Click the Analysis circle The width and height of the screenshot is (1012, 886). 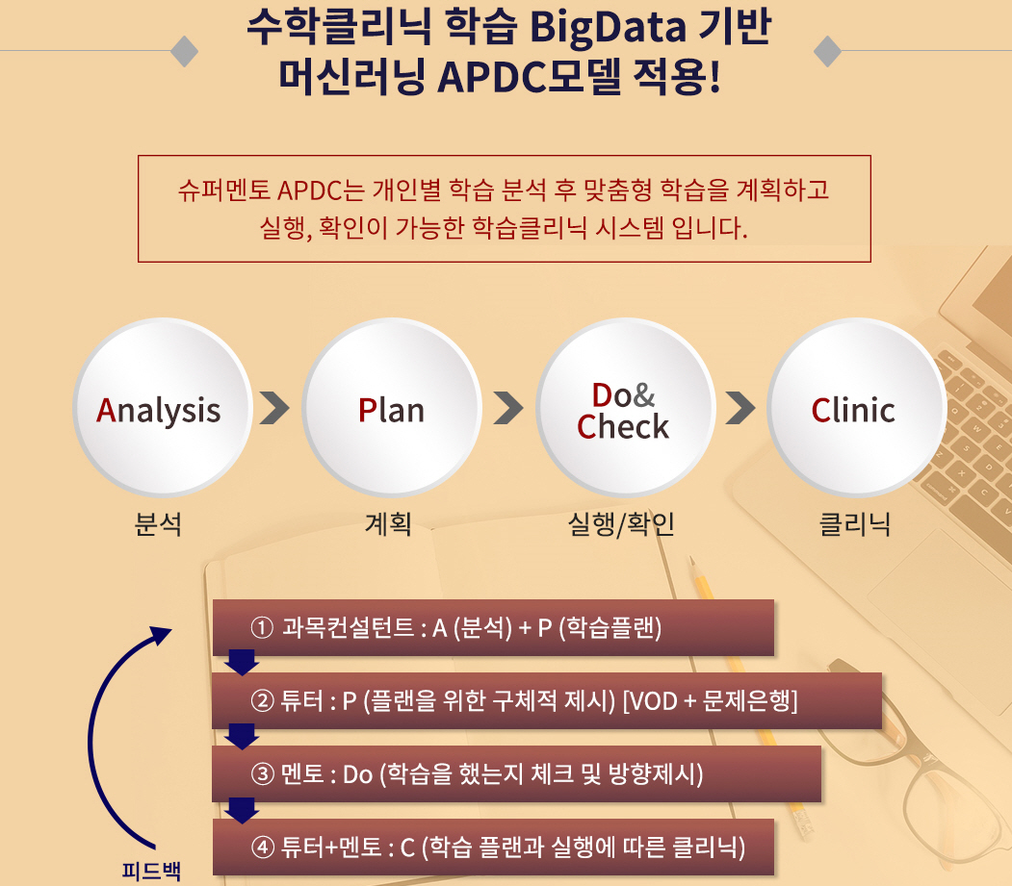point(162,407)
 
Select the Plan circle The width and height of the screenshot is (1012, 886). point(392,407)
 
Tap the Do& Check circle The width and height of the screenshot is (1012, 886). point(625,407)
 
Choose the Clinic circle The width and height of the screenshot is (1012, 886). point(856,407)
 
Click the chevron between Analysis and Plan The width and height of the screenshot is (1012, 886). point(275,408)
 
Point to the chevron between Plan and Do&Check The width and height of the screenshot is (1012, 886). point(508,408)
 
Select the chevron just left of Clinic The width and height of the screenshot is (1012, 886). point(740,408)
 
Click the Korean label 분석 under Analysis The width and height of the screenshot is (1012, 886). point(158,523)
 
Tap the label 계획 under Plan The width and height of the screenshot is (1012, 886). point(389,523)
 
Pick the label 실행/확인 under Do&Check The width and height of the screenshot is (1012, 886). point(621,523)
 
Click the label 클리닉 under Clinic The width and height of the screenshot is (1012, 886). point(855,523)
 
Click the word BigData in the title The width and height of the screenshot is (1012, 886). point(608,28)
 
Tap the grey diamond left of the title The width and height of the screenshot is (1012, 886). point(185,51)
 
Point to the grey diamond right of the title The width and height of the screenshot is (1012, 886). point(827,51)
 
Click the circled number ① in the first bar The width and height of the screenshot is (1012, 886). point(262,627)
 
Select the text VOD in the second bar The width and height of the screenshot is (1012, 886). point(653,701)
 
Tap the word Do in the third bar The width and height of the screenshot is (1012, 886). point(358,774)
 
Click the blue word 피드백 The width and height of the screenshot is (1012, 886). point(152,872)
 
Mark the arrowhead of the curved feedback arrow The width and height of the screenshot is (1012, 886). point(162,635)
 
